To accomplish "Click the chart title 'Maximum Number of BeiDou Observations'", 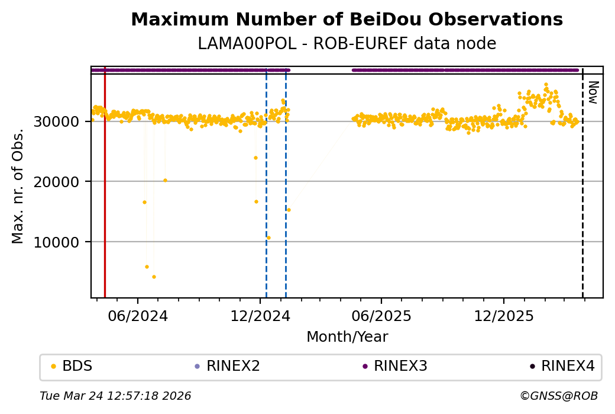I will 347,20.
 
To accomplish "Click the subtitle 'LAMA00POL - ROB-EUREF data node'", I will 347,44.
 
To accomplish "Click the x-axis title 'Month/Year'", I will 347,337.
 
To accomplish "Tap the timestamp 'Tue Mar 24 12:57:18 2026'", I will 115,396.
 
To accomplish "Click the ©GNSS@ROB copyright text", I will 559,396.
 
